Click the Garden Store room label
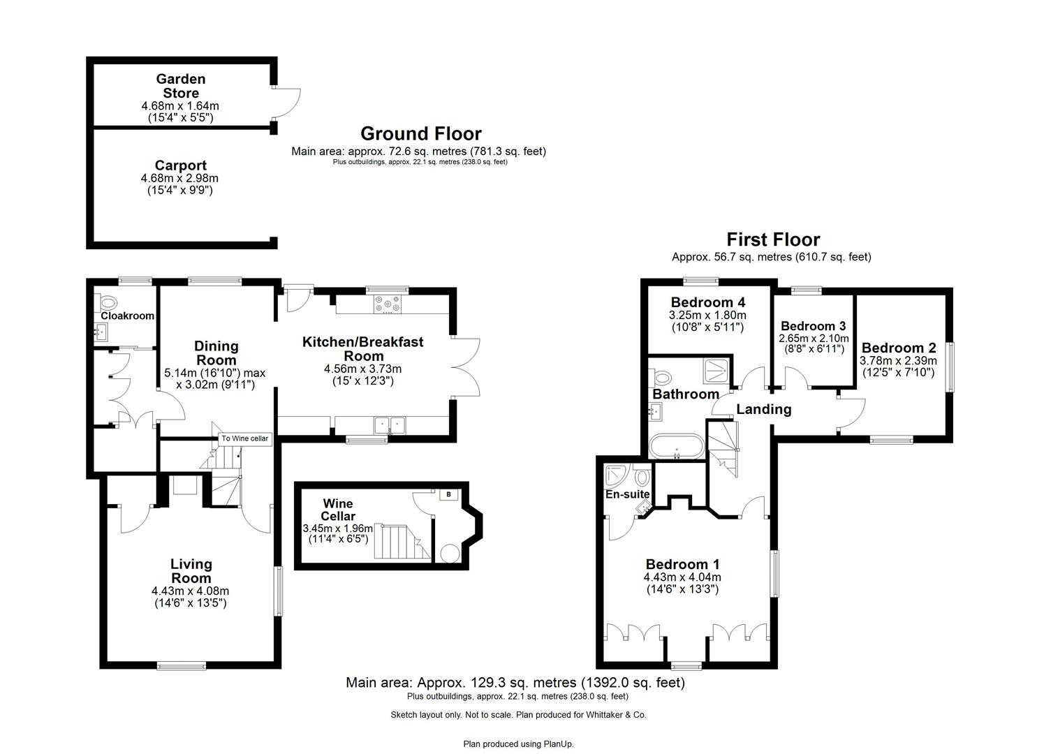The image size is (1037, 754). (180, 86)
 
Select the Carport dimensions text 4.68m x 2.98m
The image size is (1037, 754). (180, 179)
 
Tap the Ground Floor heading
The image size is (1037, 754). (420, 133)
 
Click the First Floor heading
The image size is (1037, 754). (773, 239)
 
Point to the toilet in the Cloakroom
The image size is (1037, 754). (108, 302)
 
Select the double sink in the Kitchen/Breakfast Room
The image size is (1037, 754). (390, 424)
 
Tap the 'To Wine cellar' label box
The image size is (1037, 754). (244, 438)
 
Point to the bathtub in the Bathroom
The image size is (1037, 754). (676, 446)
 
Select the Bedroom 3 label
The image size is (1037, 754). (813, 326)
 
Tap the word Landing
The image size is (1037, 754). (763, 409)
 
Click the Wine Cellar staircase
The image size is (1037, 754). (401, 542)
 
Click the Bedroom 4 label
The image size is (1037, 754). (707, 302)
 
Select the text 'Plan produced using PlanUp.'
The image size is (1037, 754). (518, 744)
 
